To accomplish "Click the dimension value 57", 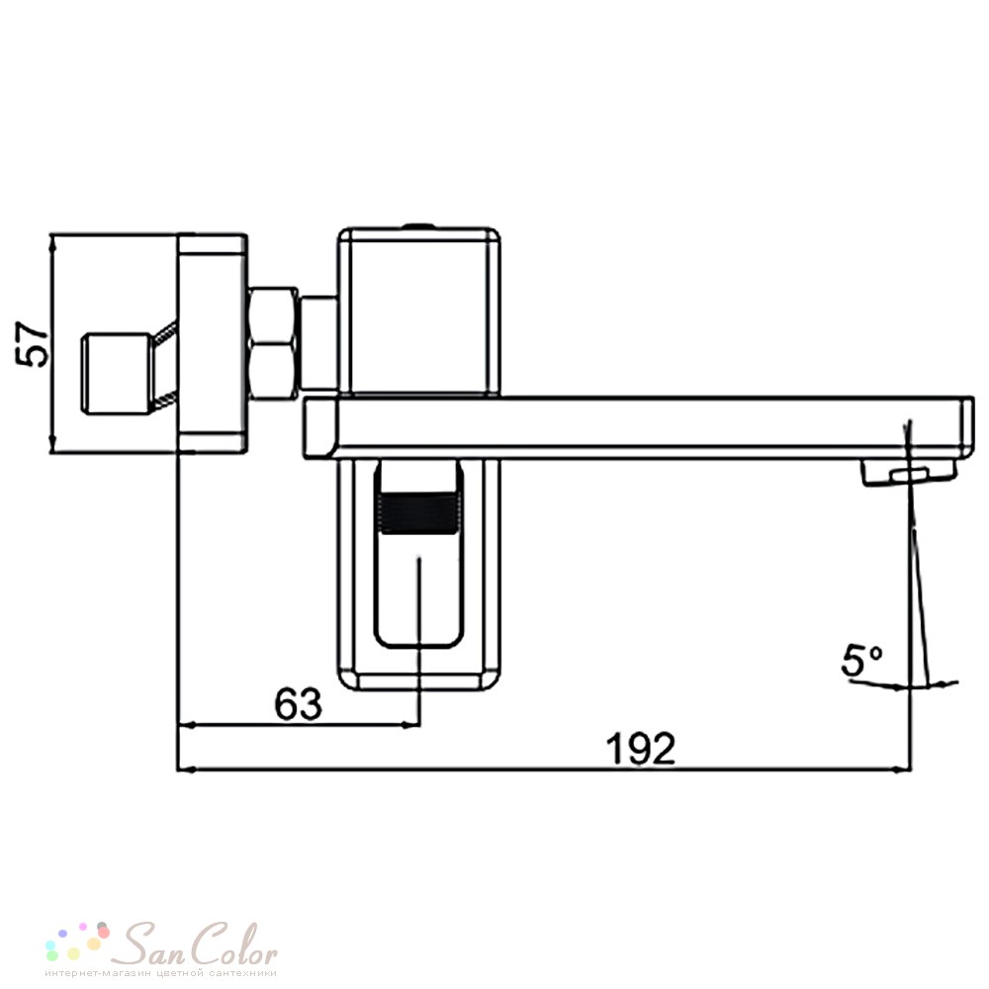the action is coord(33,344).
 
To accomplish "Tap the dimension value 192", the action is coord(640,749).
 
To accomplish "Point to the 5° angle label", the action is coord(862,661).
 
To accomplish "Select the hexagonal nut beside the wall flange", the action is coord(274,343).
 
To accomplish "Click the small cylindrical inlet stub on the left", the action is coord(117,374).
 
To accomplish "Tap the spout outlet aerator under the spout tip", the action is coord(908,473).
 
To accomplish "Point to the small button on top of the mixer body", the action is coord(418,225).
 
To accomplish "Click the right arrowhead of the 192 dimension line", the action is coord(903,769).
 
